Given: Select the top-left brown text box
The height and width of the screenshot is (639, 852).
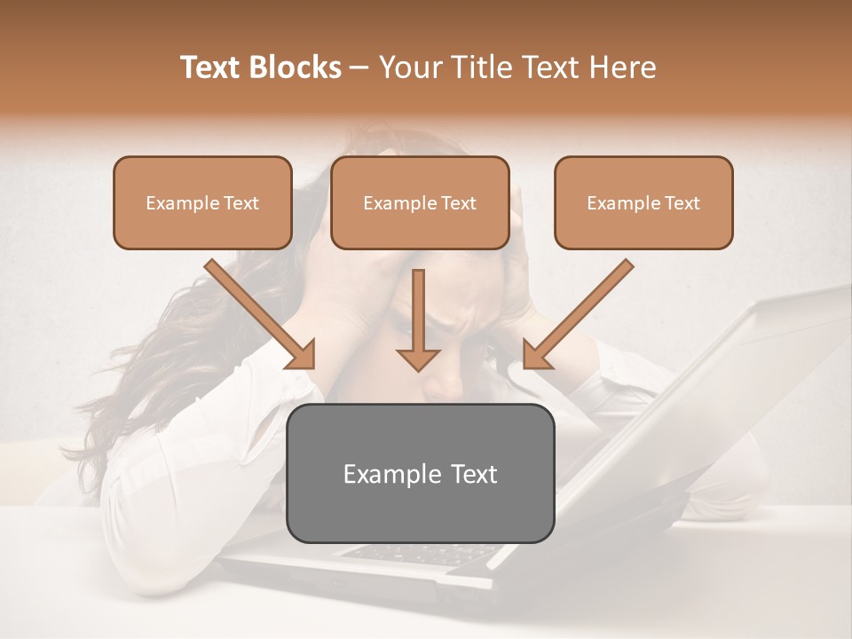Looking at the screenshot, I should click(x=202, y=202).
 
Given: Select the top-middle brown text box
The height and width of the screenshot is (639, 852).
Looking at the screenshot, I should click(x=420, y=202).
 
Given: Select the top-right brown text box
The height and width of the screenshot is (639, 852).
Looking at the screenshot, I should click(x=643, y=202).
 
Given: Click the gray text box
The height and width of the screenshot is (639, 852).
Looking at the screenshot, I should click(x=421, y=473).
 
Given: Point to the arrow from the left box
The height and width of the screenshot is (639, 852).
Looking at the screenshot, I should click(x=259, y=314).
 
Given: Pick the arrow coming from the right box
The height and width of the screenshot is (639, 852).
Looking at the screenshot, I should click(x=578, y=314).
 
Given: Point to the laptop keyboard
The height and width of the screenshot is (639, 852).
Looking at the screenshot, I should click(x=417, y=553).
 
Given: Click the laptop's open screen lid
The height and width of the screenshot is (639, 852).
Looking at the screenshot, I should click(x=692, y=399).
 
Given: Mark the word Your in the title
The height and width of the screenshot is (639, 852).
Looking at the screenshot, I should click(x=410, y=67).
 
